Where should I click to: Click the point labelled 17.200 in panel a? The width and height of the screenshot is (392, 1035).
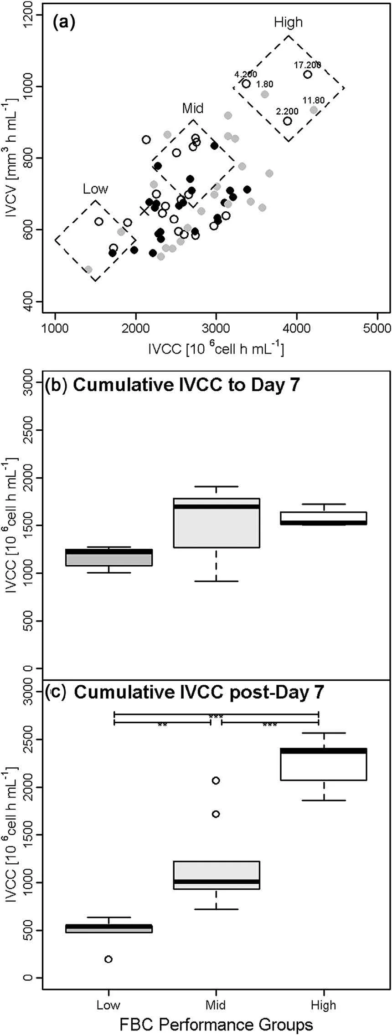click(x=308, y=75)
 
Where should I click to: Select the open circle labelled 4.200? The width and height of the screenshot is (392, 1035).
click(x=246, y=84)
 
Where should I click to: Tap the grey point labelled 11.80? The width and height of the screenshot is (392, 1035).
click(x=314, y=110)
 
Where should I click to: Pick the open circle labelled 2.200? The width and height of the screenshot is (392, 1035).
click(x=288, y=121)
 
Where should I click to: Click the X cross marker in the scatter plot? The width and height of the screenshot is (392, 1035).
click(x=144, y=210)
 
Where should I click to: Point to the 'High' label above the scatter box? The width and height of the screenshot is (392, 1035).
click(x=288, y=22)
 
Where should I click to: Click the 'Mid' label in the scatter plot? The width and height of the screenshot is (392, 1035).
click(x=193, y=108)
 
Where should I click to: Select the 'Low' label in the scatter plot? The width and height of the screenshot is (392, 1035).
click(x=95, y=189)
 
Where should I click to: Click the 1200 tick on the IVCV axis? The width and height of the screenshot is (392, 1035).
click(x=28, y=15)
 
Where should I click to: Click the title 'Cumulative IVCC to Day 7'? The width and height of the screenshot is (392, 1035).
click(x=186, y=385)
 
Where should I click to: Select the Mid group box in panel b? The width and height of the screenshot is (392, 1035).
click(x=217, y=523)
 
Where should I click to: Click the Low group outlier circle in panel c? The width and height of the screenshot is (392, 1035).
click(x=108, y=959)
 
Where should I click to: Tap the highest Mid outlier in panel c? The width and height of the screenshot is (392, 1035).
click(x=216, y=780)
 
